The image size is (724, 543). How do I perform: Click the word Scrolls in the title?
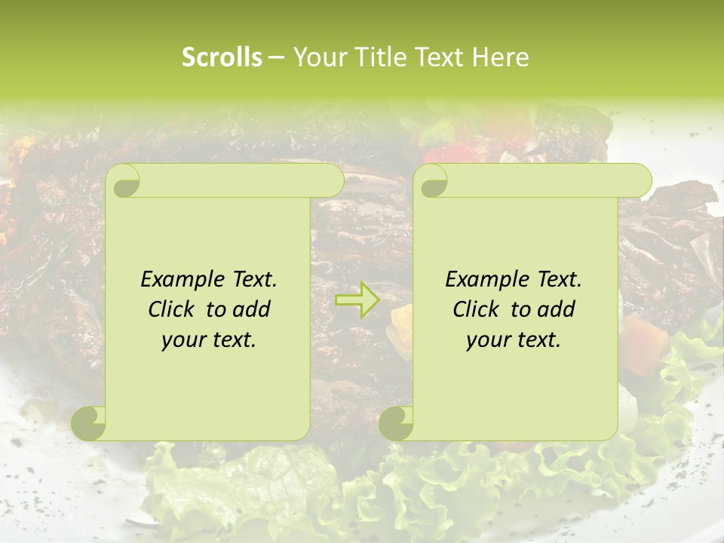[x=222, y=57]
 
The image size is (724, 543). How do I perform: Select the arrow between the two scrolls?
[x=357, y=299]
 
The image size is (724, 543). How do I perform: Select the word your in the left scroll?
[x=183, y=340]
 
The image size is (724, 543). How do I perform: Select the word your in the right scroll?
[x=487, y=340]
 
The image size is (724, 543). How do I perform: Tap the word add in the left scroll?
[x=253, y=309]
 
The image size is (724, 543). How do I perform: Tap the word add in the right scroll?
[x=557, y=309]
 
